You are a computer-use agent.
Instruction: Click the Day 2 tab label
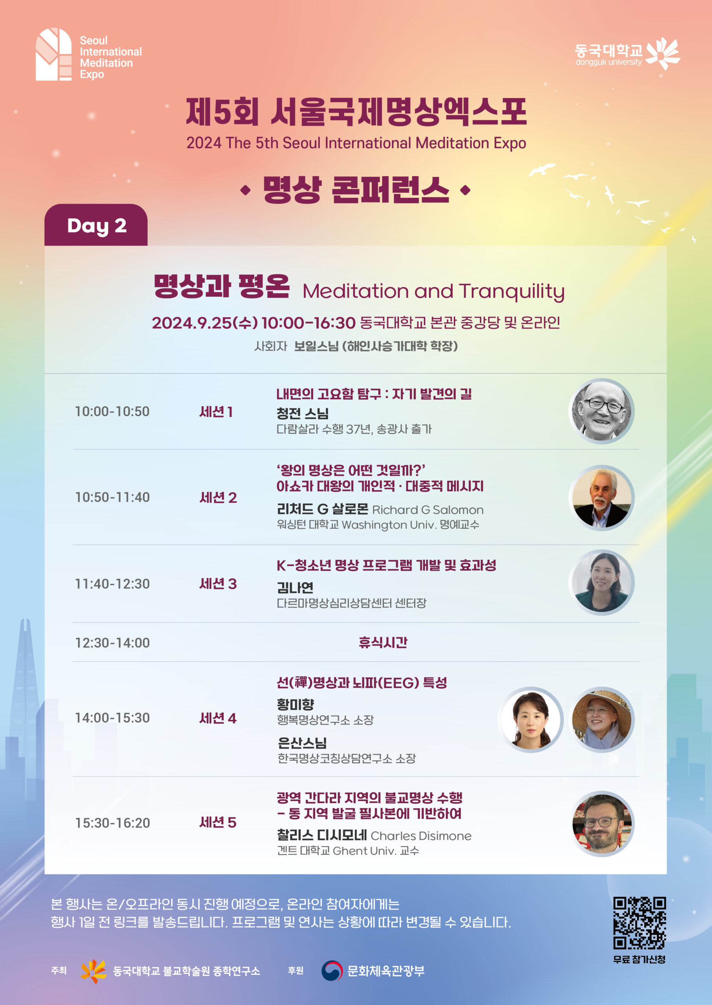(x=97, y=226)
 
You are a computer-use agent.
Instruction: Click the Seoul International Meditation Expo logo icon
(x=53, y=54)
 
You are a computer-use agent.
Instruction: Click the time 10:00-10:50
(x=112, y=411)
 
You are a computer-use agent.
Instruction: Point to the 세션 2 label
(x=218, y=498)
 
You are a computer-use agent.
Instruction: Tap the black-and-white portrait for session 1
(x=602, y=411)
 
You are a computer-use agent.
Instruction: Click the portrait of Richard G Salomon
(x=602, y=498)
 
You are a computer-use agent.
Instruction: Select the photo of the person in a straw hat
(x=602, y=720)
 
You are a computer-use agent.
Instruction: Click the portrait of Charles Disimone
(x=602, y=824)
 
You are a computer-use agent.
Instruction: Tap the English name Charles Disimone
(x=421, y=836)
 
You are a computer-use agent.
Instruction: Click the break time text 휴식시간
(x=383, y=642)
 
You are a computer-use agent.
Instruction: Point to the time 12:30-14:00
(x=112, y=643)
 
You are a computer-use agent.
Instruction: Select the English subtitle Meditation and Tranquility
(x=434, y=292)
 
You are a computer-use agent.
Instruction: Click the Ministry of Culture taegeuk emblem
(x=332, y=971)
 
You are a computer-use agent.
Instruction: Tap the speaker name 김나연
(x=295, y=587)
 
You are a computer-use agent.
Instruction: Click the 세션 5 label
(x=218, y=822)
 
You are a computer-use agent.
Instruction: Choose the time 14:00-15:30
(x=112, y=718)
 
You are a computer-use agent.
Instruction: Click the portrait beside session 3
(x=602, y=582)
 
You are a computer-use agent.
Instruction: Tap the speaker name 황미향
(x=296, y=704)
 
